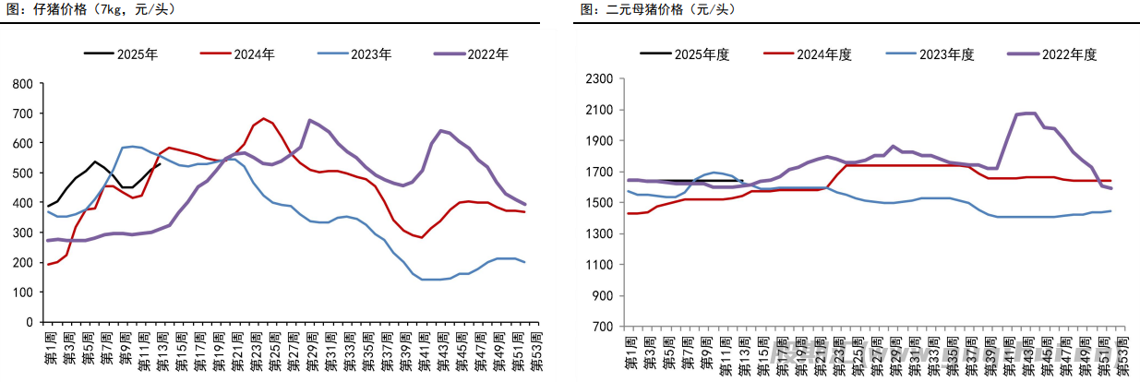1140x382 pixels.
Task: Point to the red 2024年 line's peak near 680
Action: pyautogui.click(x=264, y=118)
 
